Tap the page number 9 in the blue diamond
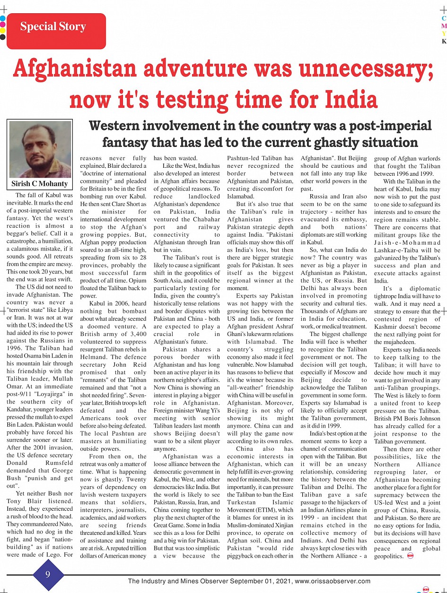48,575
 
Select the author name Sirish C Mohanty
40,183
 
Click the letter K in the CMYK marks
444,41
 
